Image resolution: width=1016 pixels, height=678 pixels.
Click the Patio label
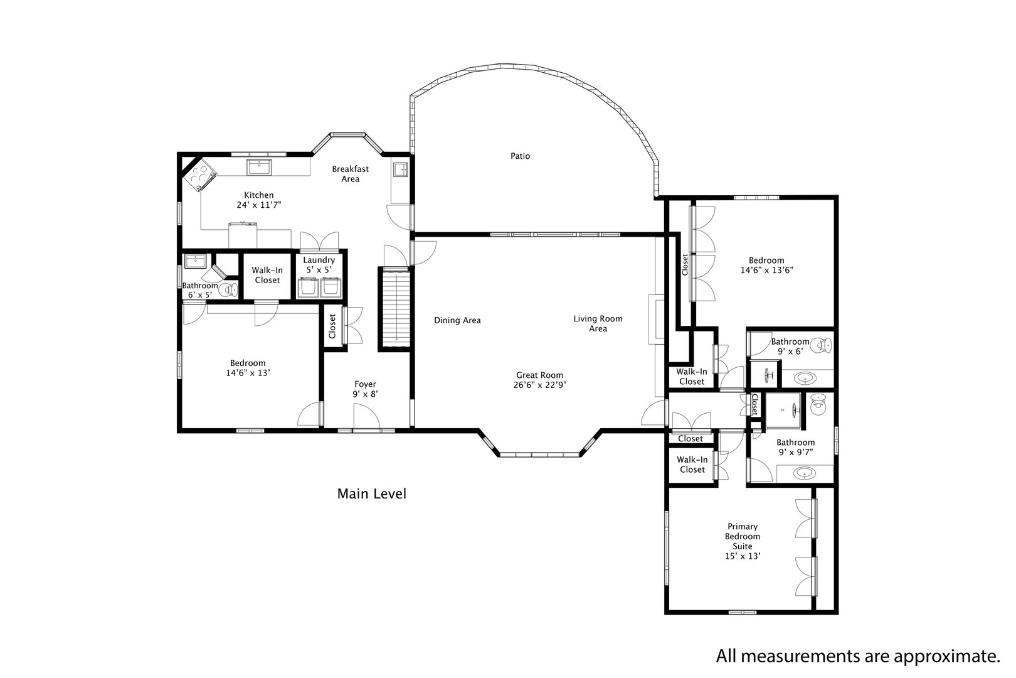click(520, 156)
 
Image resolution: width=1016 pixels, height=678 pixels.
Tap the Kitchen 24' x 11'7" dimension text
click(259, 205)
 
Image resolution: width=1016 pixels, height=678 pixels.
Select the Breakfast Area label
click(350, 174)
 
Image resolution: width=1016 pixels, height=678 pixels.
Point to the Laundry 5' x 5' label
click(319, 265)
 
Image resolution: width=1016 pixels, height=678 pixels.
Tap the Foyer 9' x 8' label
click(365, 389)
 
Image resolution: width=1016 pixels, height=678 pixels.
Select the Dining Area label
click(457, 321)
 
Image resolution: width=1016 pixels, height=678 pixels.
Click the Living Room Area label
click(598, 323)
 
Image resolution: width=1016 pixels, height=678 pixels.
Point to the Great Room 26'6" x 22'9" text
click(539, 380)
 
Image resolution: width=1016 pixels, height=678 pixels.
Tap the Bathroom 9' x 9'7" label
click(795, 447)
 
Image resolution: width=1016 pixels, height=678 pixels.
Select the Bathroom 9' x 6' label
click(790, 347)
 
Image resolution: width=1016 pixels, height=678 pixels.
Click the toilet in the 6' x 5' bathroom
click(230, 289)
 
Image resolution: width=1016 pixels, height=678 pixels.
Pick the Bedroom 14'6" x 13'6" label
click(766, 265)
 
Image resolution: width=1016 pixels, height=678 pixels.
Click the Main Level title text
click(371, 494)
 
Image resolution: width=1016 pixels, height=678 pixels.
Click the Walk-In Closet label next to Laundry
click(267, 275)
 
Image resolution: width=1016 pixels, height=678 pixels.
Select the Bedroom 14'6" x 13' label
click(247, 368)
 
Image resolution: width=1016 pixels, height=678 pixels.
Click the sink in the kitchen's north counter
click(258, 166)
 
